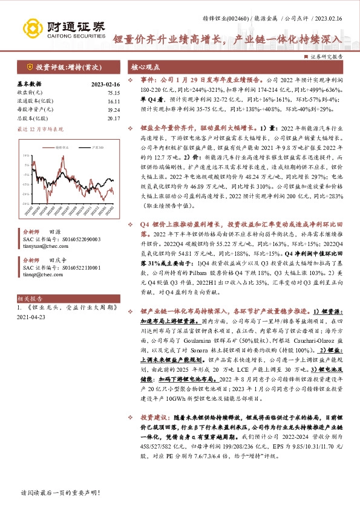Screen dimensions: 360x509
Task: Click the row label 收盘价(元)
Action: pyautogui.click(x=30, y=92)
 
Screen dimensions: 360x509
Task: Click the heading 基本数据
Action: pyautogui.click(x=29, y=84)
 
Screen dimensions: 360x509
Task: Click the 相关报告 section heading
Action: pyautogui.click(x=28, y=299)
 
